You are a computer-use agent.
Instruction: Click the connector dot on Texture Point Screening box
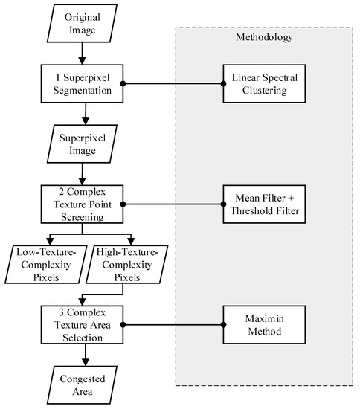pos(123,203)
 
